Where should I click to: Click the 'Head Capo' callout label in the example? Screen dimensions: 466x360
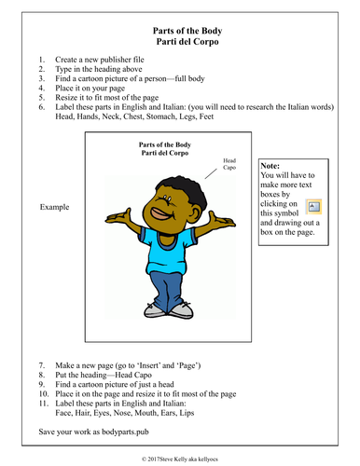coord(230,165)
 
